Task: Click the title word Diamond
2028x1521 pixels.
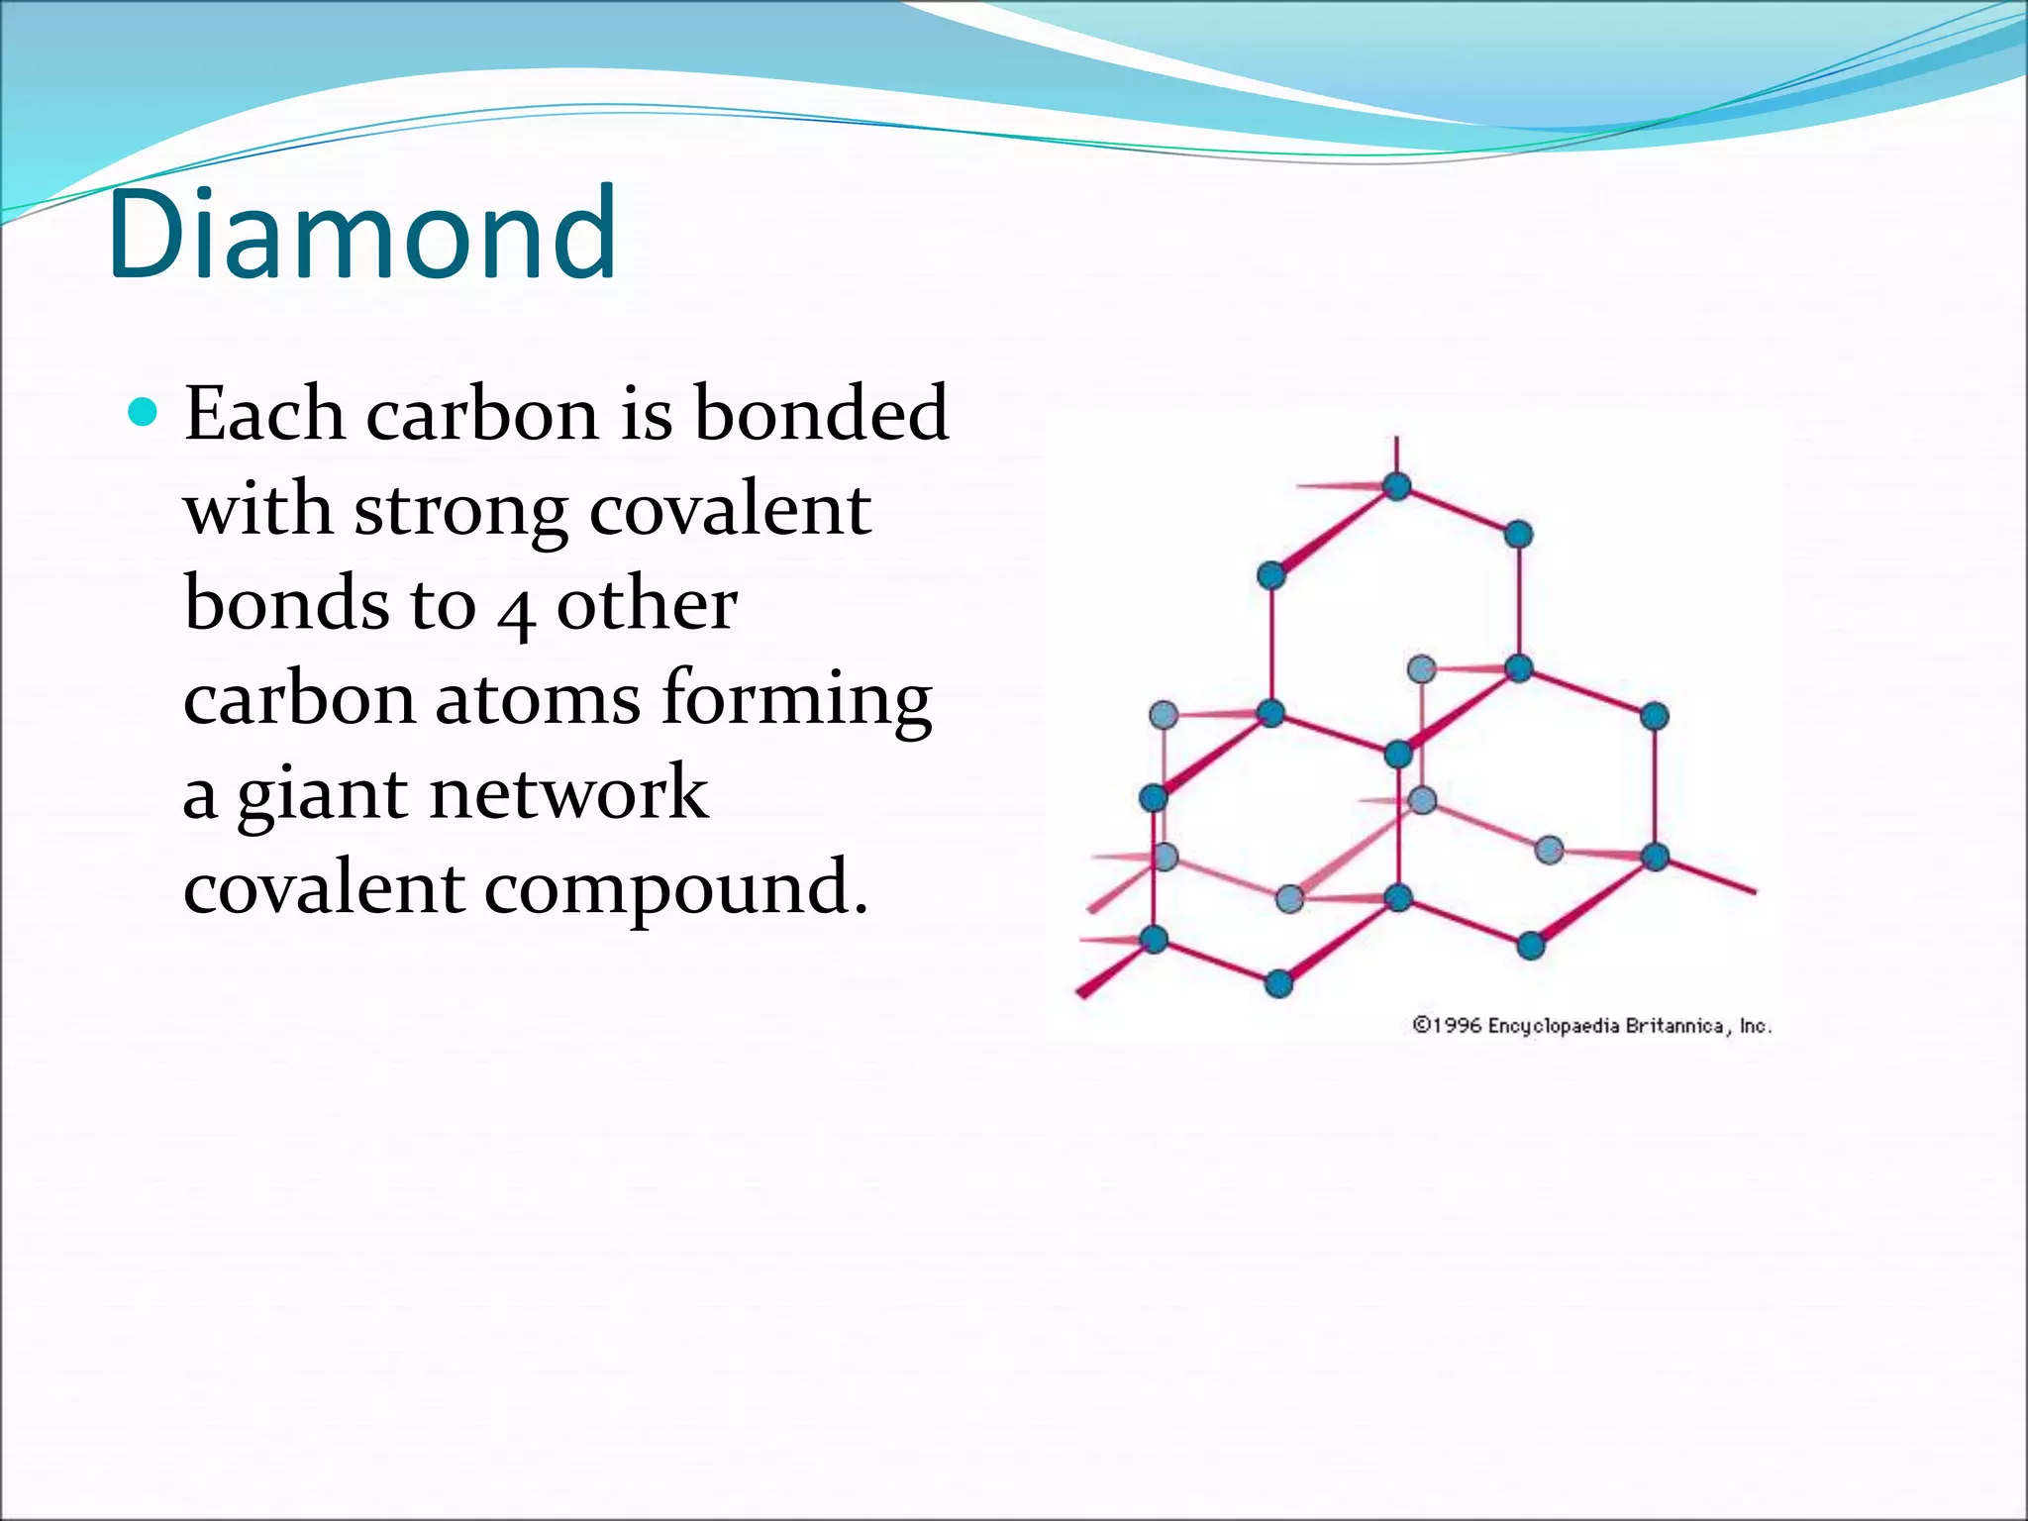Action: pyautogui.click(x=362, y=234)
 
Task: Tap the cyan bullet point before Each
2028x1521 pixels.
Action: pyautogui.click(x=144, y=411)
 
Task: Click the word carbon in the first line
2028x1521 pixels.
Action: pyautogui.click(x=481, y=414)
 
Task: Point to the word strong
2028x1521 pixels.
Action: pyautogui.click(x=460, y=513)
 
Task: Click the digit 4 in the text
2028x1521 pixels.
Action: pyautogui.click(x=516, y=612)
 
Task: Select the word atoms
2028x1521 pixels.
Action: pyautogui.click(x=538, y=699)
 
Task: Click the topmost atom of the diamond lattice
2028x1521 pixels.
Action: pyautogui.click(x=1396, y=486)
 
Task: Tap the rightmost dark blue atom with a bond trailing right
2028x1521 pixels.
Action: pyautogui.click(x=1656, y=858)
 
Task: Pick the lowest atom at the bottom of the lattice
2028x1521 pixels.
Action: pyautogui.click(x=1278, y=983)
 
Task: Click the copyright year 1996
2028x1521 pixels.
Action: pyautogui.click(x=1457, y=1025)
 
